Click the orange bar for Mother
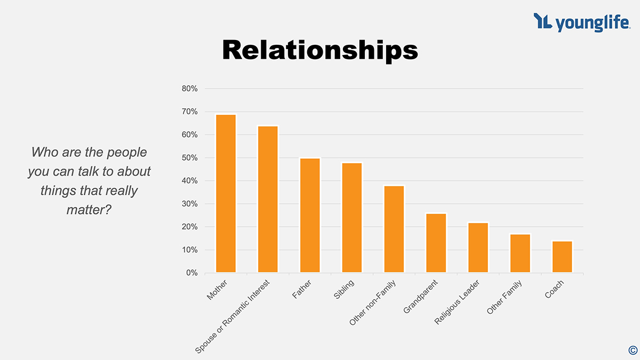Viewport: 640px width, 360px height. (x=226, y=194)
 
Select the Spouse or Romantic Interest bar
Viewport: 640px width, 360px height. (x=268, y=199)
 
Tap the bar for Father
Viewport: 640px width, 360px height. (x=310, y=215)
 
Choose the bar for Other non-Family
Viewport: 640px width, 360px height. (x=394, y=229)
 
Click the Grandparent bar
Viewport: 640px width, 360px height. (x=436, y=243)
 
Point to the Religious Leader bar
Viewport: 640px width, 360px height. (x=478, y=247)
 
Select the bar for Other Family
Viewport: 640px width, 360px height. (x=520, y=253)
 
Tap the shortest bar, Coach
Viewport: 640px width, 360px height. (x=562, y=257)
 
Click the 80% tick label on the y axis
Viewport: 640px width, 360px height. (x=190, y=89)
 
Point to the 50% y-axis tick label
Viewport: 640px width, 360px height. (x=190, y=158)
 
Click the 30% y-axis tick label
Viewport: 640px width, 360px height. (x=190, y=204)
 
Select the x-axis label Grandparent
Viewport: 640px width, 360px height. (x=421, y=296)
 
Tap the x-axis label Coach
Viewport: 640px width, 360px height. (x=554, y=289)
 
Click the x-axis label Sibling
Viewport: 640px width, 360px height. (x=344, y=289)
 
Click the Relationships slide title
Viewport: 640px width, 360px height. (x=320, y=50)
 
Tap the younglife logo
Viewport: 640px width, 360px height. (x=581, y=22)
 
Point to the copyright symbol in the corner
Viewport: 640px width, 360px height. (x=633, y=350)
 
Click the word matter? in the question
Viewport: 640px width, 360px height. (x=89, y=210)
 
